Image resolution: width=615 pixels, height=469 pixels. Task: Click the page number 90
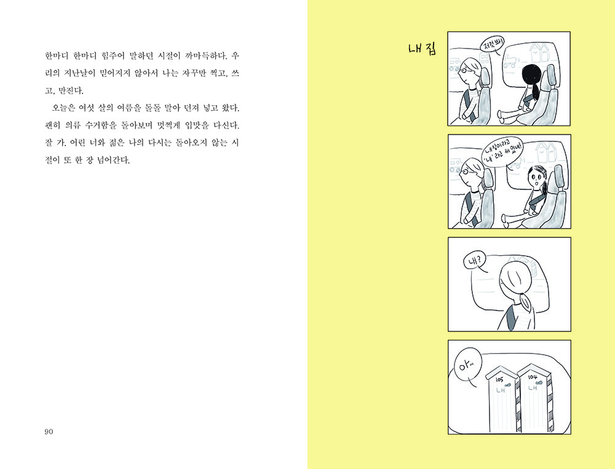(x=49, y=432)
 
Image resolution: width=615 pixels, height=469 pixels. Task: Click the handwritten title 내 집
(x=422, y=49)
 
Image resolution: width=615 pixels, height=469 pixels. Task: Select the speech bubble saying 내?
(x=475, y=261)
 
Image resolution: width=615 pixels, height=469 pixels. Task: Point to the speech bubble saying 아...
(x=467, y=367)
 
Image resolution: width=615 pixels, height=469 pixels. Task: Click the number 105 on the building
(x=499, y=380)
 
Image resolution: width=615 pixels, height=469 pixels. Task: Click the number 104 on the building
(x=532, y=377)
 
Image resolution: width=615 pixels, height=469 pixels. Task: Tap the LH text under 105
(x=501, y=390)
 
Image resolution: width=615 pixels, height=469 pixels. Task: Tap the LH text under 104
(x=532, y=388)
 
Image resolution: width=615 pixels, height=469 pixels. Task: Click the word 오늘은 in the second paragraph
(x=62, y=108)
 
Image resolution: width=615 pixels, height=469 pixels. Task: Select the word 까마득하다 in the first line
(x=205, y=56)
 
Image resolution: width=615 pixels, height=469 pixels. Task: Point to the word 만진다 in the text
(x=71, y=91)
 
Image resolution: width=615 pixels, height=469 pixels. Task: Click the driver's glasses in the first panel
(x=463, y=71)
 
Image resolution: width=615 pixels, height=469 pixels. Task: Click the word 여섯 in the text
(x=87, y=108)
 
